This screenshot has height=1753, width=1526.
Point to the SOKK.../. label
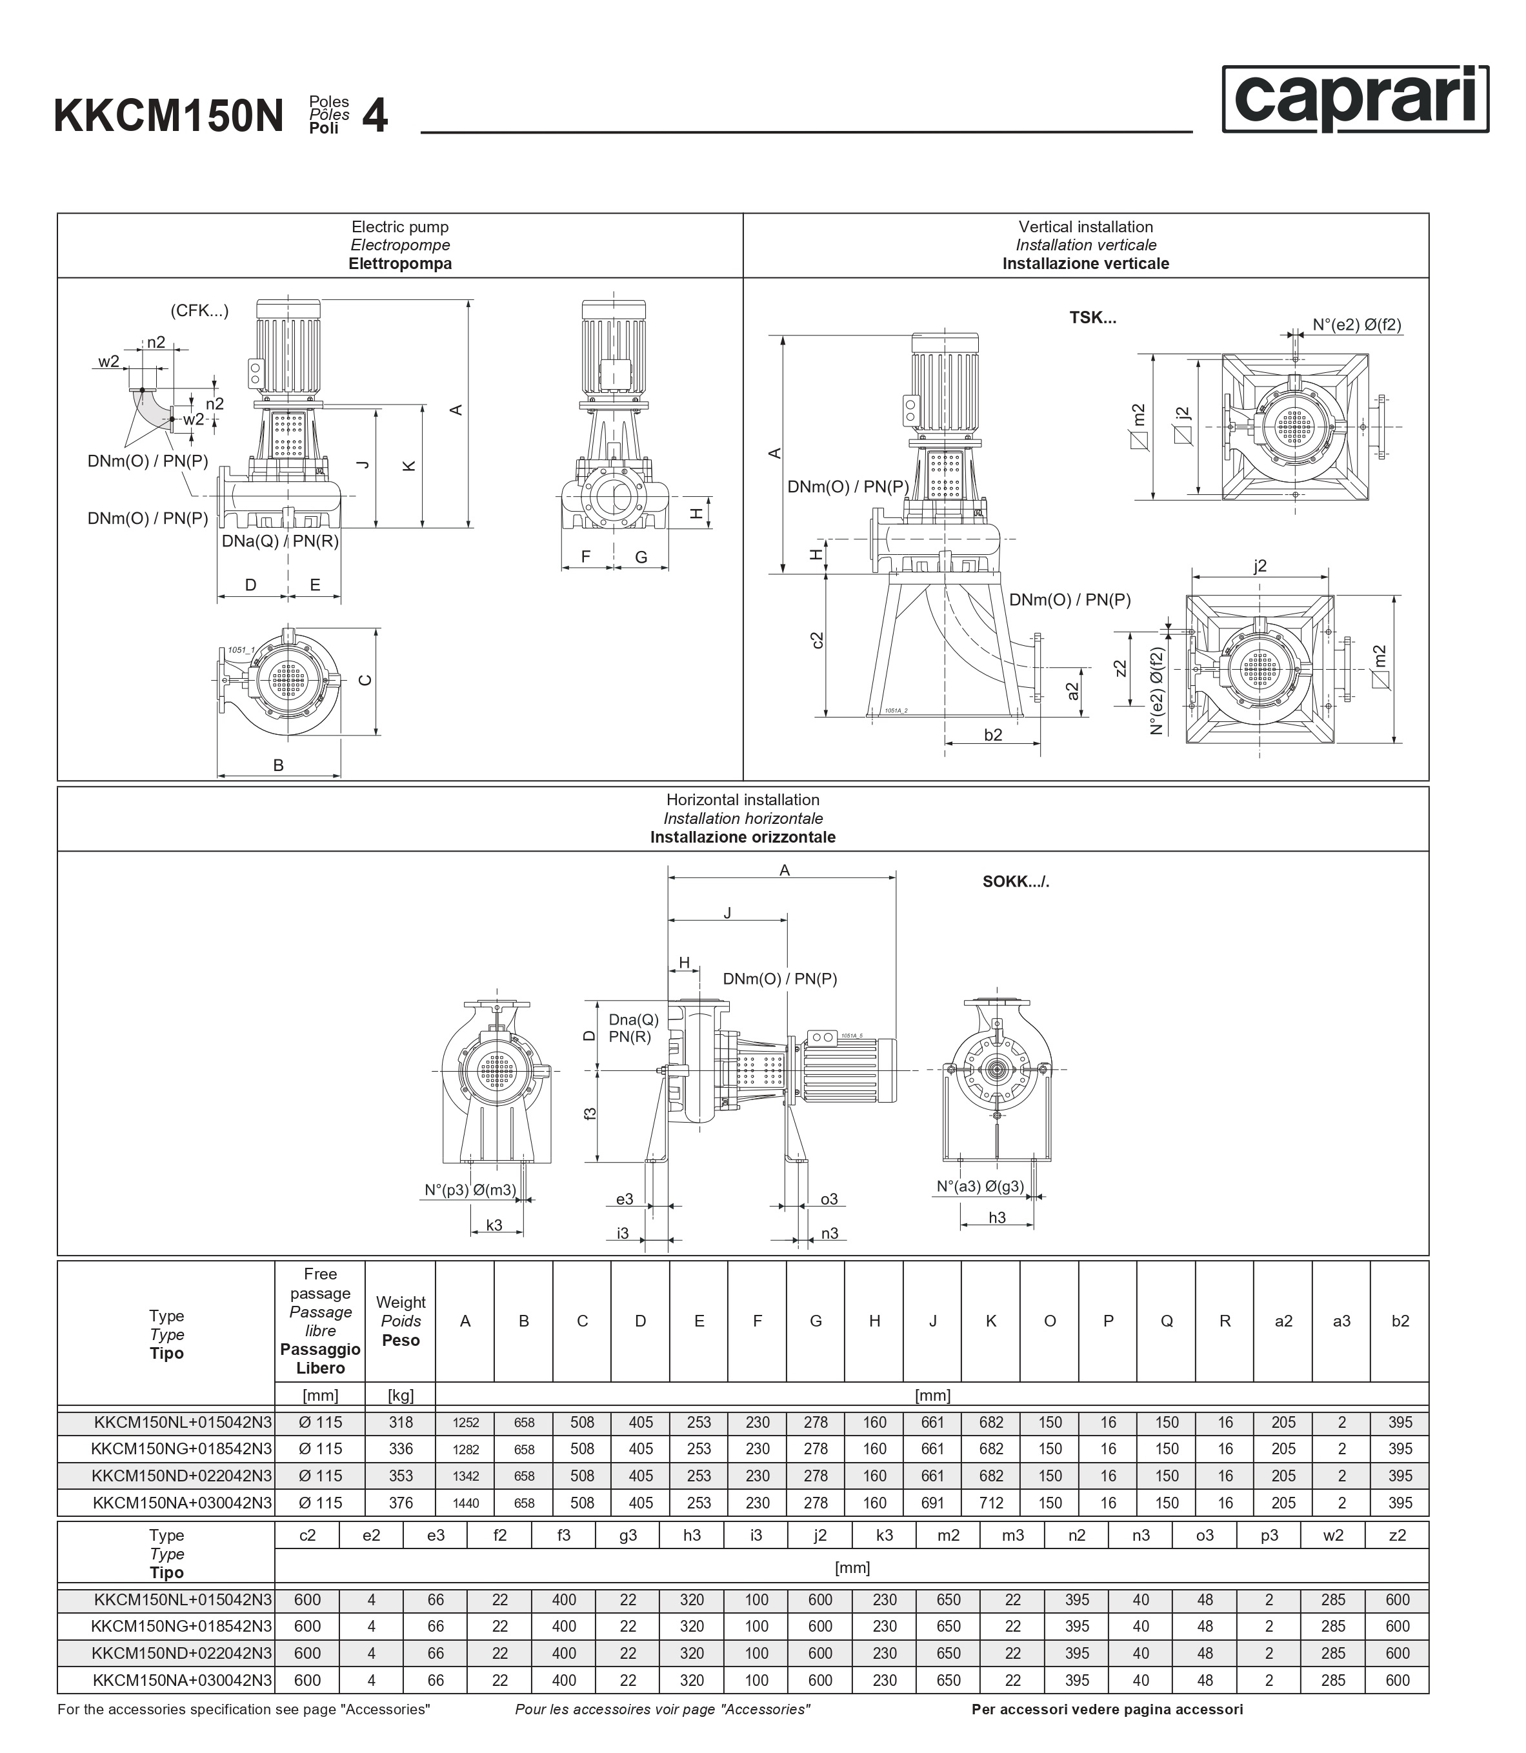tap(1016, 882)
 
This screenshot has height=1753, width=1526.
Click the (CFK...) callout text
tap(200, 311)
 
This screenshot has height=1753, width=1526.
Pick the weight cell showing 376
tap(401, 1503)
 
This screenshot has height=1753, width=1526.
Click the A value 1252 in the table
tap(466, 1423)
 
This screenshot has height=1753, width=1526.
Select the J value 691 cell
tap(932, 1503)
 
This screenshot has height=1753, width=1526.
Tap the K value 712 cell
tap(991, 1503)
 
